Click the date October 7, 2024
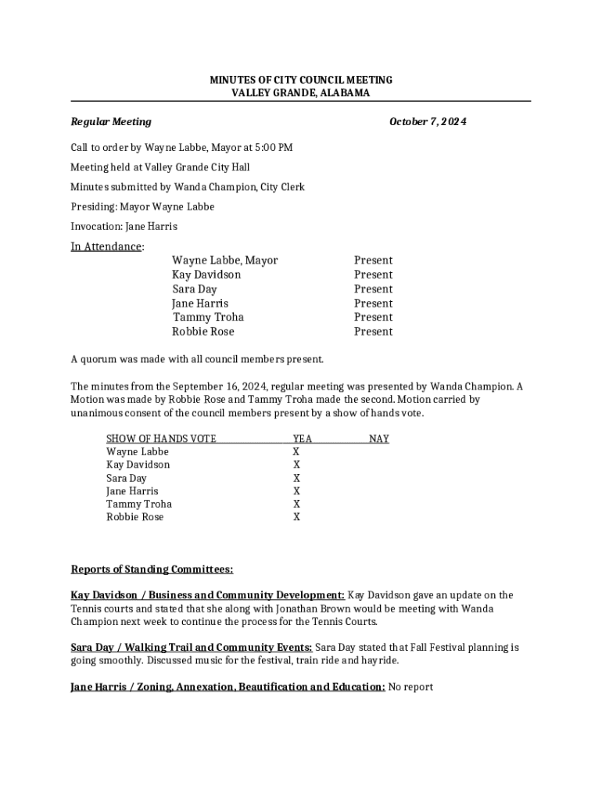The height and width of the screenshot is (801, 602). [428, 122]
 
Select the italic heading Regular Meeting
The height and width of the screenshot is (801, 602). [111, 122]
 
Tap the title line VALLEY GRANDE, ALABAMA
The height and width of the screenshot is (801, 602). [301, 93]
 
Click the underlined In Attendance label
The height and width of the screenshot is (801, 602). [106, 247]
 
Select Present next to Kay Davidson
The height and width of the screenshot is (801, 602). [373, 275]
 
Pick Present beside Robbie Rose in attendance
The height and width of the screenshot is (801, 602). [373, 332]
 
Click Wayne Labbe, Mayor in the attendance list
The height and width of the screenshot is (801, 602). [224, 260]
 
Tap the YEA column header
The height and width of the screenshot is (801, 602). [302, 439]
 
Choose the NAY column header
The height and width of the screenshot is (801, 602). [379, 439]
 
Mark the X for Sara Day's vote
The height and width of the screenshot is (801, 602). [296, 478]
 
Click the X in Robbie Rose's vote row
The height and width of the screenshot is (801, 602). [296, 517]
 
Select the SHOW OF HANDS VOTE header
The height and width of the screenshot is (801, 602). [161, 439]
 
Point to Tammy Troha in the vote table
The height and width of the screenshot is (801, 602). [139, 505]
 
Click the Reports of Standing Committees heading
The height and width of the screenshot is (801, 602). [152, 569]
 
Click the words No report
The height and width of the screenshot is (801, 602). [410, 688]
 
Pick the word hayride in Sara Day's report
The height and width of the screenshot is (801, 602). [379, 661]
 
